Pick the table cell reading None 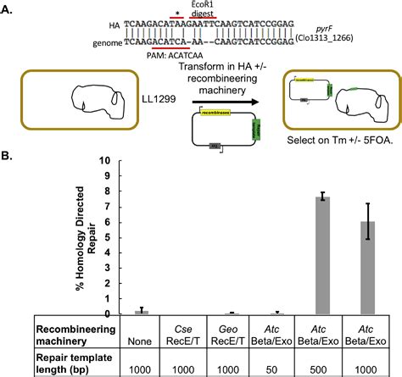coord(147,334)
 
